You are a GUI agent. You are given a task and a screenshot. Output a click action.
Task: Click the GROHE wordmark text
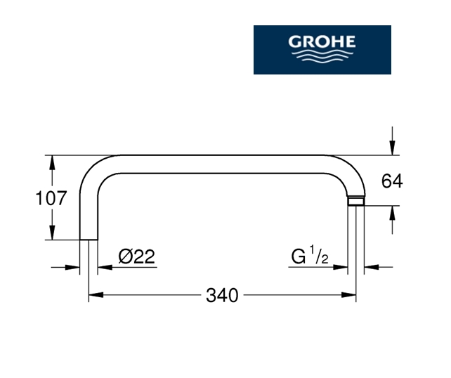322,41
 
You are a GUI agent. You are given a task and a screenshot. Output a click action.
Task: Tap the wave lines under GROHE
322,56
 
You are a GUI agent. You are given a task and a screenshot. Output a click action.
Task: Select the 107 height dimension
51,198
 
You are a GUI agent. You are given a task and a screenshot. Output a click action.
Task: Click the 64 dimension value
392,181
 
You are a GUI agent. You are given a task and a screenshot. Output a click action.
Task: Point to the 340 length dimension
222,295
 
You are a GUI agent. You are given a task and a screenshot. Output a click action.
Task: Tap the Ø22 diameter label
136,256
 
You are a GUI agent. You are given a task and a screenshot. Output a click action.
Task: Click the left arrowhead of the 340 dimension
96,295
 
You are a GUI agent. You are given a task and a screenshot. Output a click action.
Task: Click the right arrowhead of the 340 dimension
348,295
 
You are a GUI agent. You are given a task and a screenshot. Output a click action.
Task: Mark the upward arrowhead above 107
52,162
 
